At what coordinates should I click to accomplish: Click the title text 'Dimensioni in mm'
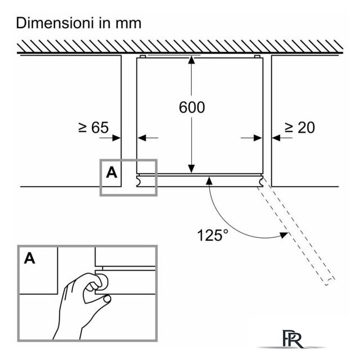tap(79, 23)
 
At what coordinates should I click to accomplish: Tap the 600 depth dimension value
tap(192, 107)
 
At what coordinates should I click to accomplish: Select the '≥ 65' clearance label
tap(93, 128)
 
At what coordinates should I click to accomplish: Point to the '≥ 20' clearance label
tap(300, 128)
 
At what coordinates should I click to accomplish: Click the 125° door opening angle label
tap(213, 235)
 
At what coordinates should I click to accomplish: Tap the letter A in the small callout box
tap(111, 173)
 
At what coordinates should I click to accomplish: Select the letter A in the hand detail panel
tap(30, 258)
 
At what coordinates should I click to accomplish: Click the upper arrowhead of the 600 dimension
tap(191, 60)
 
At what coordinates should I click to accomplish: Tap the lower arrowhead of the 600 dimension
tap(191, 169)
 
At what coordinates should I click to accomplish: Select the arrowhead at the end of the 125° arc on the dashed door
tap(284, 235)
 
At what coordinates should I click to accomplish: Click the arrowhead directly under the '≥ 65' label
tap(116, 138)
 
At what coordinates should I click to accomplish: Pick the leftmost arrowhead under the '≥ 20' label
tap(258, 138)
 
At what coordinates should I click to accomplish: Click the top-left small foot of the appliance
tap(142, 56)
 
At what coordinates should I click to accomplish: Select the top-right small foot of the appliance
tap(257, 56)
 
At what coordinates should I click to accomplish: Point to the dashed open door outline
tap(296, 232)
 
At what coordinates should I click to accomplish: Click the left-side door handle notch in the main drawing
tap(139, 181)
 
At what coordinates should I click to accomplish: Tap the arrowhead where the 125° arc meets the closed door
tap(209, 181)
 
